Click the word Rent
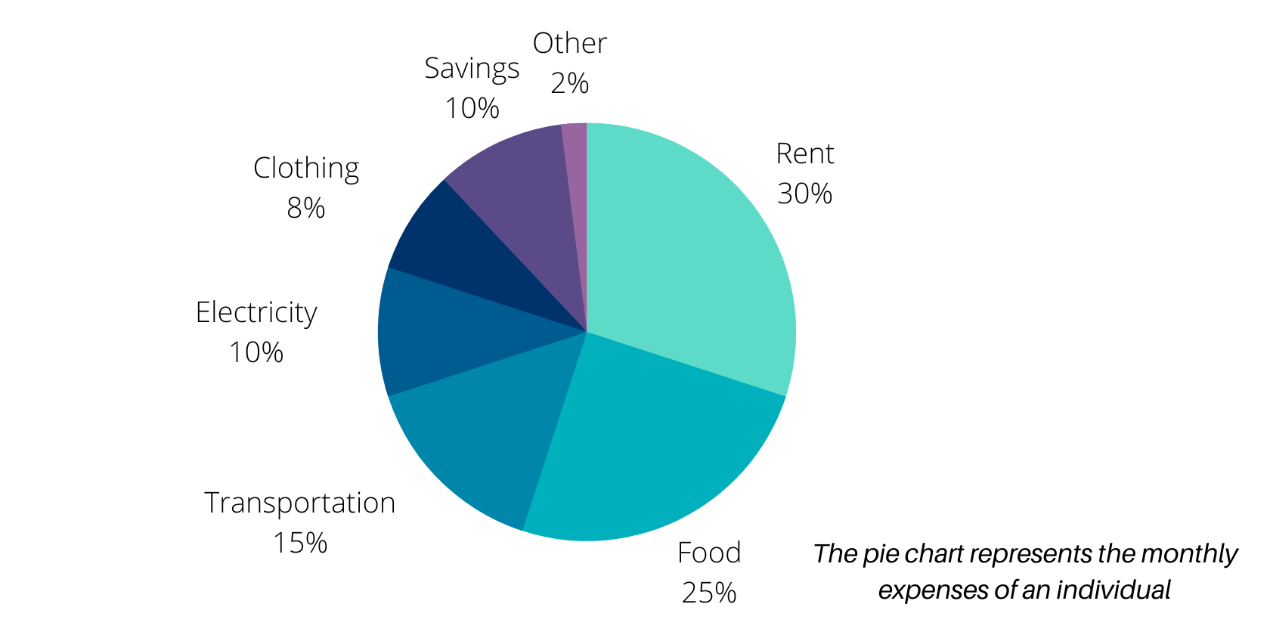[804, 154]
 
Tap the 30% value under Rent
[804, 194]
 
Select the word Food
[709, 553]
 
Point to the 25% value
[709, 593]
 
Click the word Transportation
[300, 503]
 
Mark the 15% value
[300, 544]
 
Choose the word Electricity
[256, 313]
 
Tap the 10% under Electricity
[256, 353]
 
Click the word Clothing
[306, 169]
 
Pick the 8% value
[306, 208]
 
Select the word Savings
[472, 69]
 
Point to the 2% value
[570, 84]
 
